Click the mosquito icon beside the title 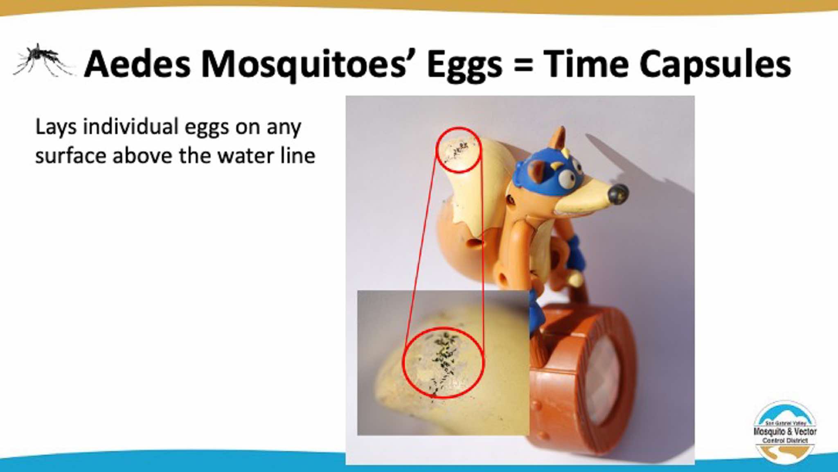(43, 61)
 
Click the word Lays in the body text (56, 127)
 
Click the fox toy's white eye (568, 178)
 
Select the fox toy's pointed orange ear (558, 140)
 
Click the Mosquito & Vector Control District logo (785, 432)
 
